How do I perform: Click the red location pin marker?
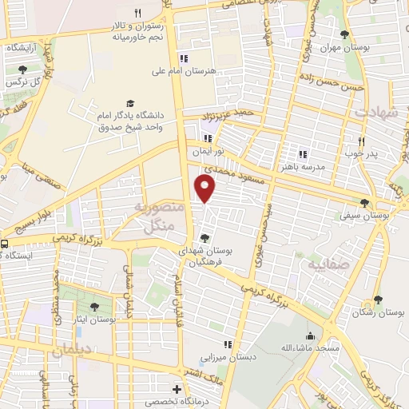206,189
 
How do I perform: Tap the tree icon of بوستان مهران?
344,34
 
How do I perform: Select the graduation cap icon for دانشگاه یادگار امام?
130,104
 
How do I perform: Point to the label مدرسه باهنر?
301,168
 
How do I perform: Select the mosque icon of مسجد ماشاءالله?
311,336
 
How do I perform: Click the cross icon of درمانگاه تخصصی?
177,389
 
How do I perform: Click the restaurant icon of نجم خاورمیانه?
137,13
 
